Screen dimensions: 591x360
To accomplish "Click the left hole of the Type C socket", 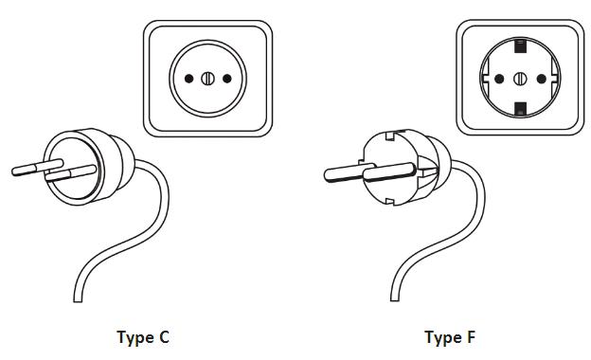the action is point(188,79).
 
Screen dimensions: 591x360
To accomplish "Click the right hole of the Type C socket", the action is point(227,79).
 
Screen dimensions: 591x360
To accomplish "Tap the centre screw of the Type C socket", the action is point(207,79).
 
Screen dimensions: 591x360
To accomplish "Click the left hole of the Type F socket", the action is point(499,79).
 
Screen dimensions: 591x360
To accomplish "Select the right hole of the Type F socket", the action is point(541,79).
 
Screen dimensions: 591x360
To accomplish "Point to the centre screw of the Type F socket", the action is point(520,79).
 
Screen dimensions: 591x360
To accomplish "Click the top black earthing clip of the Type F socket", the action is point(520,45).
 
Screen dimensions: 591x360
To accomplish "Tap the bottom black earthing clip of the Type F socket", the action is point(521,109).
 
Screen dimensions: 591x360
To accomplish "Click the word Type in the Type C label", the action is point(135,338).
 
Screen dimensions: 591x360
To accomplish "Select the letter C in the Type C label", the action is point(164,337).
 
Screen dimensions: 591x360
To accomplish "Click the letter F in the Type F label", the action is point(471,336).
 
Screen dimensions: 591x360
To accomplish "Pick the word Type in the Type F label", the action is point(443,338).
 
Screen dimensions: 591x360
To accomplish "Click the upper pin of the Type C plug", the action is point(37,168).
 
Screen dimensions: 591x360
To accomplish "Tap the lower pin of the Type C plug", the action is point(70,173).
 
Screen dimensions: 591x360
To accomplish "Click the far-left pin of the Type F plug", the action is point(349,172).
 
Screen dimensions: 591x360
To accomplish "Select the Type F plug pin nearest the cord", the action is point(389,172).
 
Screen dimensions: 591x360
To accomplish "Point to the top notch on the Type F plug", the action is point(390,135).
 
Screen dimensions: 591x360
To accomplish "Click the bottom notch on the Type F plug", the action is point(390,201).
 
